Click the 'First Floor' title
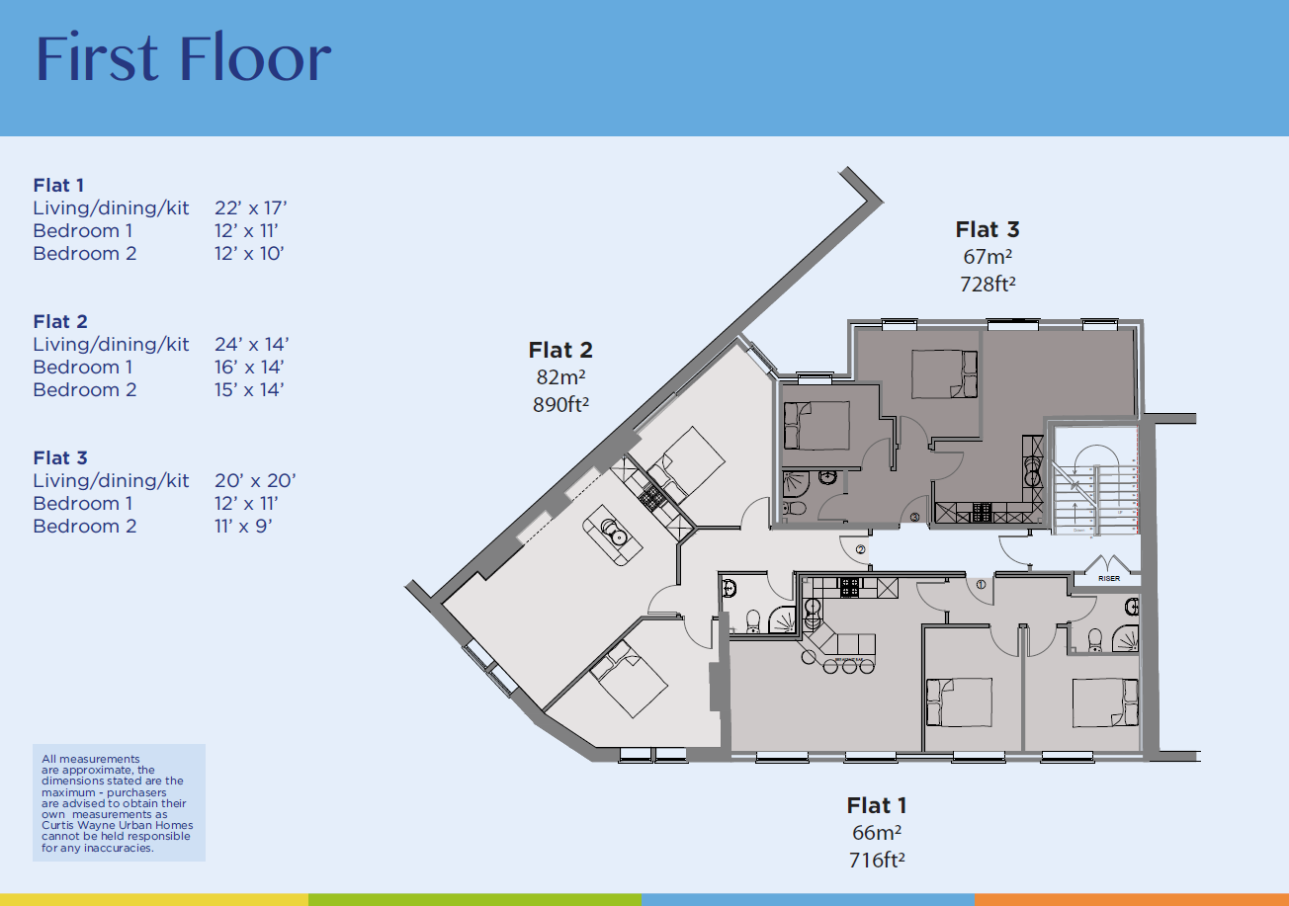[x=183, y=59]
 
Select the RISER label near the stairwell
[x=1109, y=578]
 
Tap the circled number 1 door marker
[x=981, y=584]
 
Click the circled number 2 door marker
[x=860, y=549]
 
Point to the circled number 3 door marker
[x=915, y=516]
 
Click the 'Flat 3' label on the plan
[x=987, y=230]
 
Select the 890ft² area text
[x=559, y=403]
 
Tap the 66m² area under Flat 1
[x=876, y=833]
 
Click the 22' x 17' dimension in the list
[x=250, y=208]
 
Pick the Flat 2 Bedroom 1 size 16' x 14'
[x=250, y=368]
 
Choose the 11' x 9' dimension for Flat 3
[x=243, y=527]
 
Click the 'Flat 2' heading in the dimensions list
[x=59, y=322]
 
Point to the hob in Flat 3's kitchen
[x=983, y=512]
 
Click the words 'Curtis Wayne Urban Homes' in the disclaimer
[x=118, y=826]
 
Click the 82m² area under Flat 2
[x=559, y=376]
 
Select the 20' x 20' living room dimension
[x=255, y=481]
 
